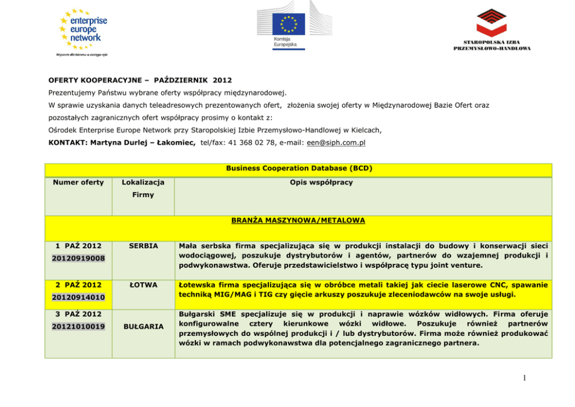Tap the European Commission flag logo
289,26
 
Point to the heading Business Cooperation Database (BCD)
299,169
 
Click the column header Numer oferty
78,183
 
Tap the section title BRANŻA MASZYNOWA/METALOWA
299,221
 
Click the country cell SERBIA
143,246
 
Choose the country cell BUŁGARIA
143,326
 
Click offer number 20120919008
79,258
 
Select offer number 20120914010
79,297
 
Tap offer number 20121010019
79,326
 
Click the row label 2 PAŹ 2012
78,285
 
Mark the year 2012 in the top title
222,80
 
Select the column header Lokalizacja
143,183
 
